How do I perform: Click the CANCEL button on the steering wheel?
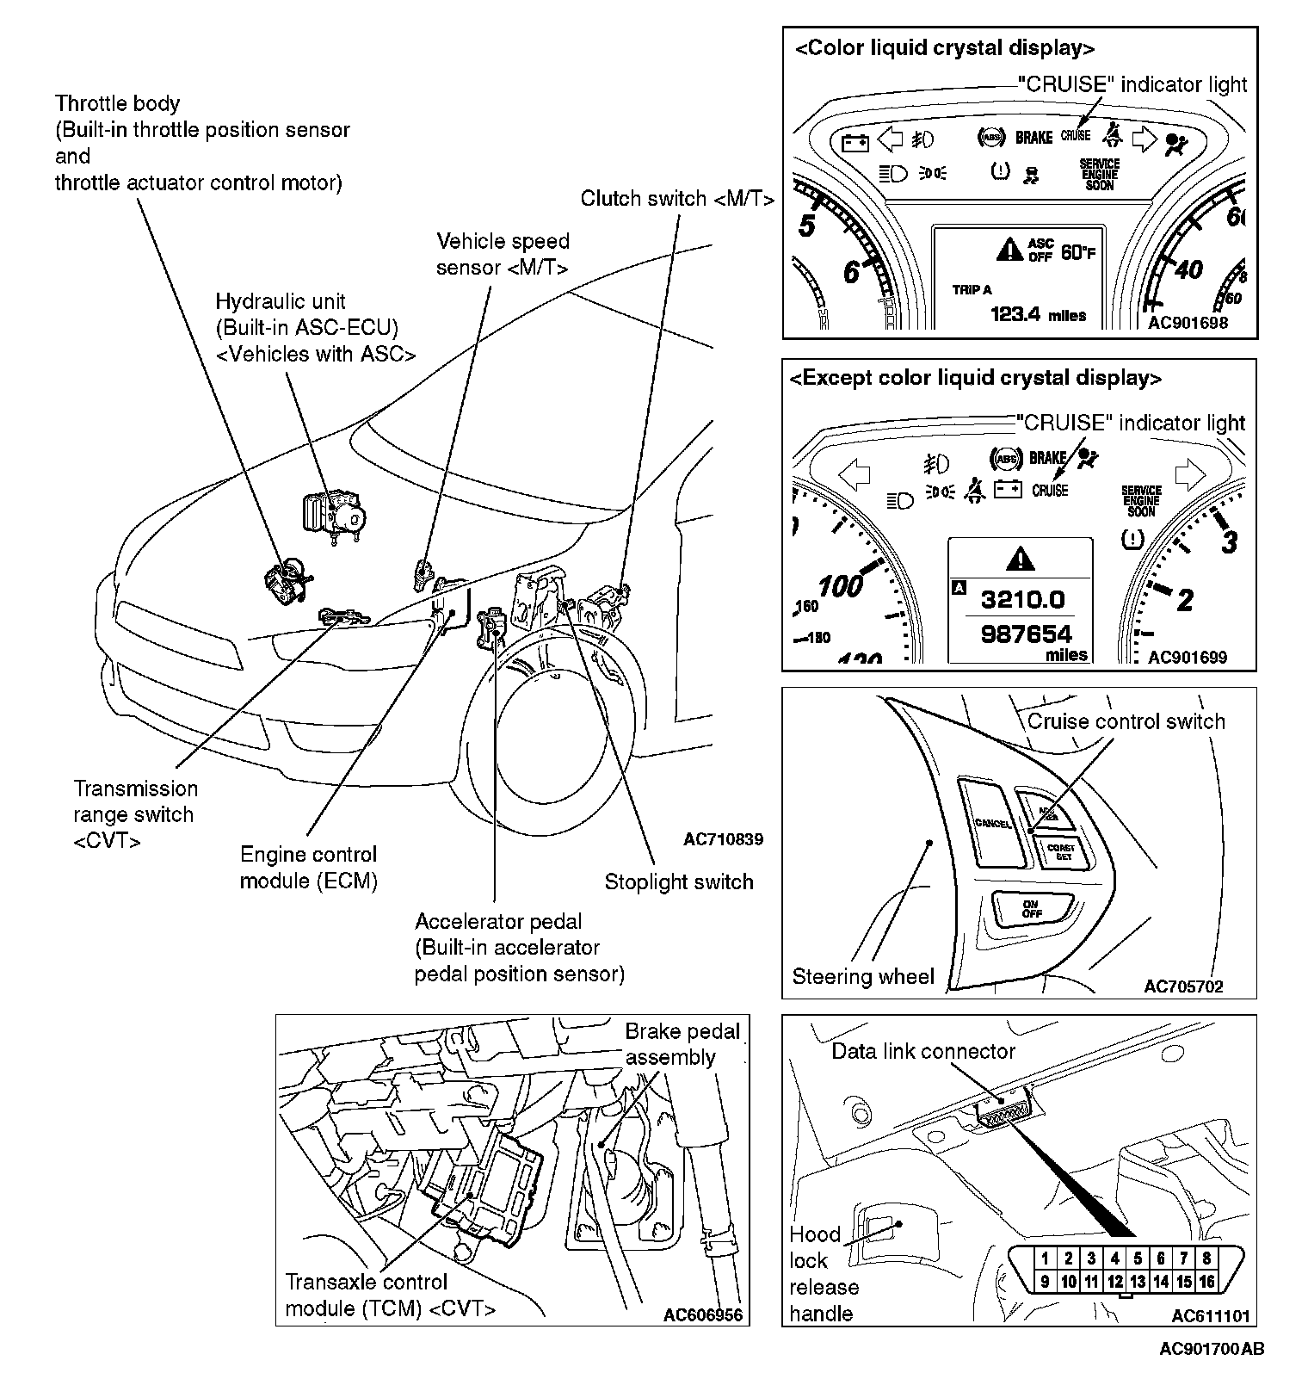point(993,823)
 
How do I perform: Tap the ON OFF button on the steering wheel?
point(1032,909)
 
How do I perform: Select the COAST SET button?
point(1061,852)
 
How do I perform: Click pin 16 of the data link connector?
point(1206,1282)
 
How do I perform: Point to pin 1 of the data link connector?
point(1045,1258)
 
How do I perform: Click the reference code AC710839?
point(723,839)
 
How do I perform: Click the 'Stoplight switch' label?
point(678,881)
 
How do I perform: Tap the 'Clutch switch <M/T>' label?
point(677,199)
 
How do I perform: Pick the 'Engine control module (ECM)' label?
point(308,868)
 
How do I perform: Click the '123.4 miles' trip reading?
point(1038,314)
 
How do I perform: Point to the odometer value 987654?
point(1027,634)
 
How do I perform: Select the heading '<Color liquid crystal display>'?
point(944,48)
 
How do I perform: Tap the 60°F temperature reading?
point(1078,252)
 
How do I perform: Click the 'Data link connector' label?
point(923,1051)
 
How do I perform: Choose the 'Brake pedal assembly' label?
point(682,1044)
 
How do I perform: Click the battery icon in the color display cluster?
point(855,142)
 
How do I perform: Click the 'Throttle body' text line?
point(117,104)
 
